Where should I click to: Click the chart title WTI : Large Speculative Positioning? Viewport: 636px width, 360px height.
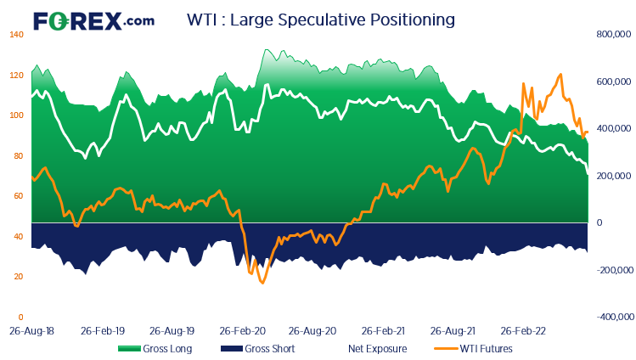[x=320, y=19]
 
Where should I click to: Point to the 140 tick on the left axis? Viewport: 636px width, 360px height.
[x=16, y=35]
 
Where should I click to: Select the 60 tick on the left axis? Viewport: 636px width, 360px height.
[x=16, y=196]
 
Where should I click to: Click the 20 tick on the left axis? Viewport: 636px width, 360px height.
[x=16, y=277]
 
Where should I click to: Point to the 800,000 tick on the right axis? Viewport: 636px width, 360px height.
[x=613, y=35]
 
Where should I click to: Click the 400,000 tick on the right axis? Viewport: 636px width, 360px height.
[x=613, y=129]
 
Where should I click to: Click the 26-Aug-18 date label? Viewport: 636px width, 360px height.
[x=31, y=329]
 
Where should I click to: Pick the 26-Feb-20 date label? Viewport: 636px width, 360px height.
[x=242, y=329]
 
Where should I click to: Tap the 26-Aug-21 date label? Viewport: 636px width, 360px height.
[x=452, y=329]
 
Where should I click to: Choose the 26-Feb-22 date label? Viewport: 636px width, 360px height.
[x=522, y=329]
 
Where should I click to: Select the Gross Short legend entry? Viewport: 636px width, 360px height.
[x=259, y=348]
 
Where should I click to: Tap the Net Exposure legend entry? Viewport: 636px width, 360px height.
[x=377, y=348]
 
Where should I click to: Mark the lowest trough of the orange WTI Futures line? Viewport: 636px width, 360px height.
[x=262, y=282]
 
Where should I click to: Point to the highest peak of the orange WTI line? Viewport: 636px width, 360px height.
[x=560, y=75]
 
